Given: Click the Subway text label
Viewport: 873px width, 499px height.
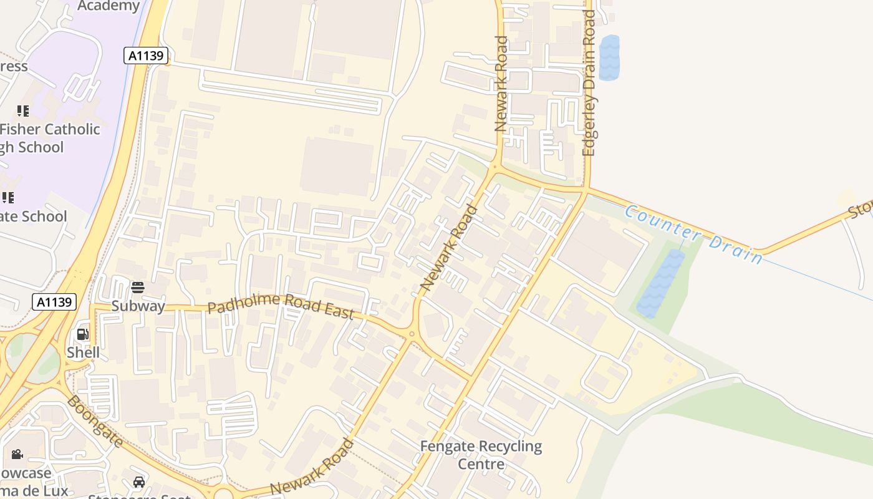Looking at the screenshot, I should [138, 306].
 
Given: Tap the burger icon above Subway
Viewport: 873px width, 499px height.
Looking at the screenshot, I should [138, 288].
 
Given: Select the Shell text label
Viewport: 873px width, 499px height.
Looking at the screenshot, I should [83, 352].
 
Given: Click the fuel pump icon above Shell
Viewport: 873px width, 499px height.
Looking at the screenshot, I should [83, 334].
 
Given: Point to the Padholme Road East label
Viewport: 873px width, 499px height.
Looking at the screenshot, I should [281, 306].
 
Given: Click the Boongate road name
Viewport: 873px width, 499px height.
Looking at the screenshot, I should [95, 420].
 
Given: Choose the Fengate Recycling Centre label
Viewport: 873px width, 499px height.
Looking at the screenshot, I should [481, 455].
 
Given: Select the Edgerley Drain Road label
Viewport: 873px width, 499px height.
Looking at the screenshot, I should [589, 83].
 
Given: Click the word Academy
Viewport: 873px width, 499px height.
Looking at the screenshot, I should [109, 6].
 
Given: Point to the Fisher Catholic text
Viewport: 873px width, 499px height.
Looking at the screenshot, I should [50, 129].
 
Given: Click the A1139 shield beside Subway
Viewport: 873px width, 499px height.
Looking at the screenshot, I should [54, 303].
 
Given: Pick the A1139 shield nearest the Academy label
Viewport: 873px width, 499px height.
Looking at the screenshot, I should [147, 56].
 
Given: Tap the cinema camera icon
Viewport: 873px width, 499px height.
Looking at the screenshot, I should [17, 454].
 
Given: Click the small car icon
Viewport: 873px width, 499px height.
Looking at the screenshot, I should [138, 482].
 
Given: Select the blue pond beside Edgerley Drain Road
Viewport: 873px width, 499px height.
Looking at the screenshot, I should [609, 57].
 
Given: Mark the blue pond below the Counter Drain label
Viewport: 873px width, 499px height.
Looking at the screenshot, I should [660, 284].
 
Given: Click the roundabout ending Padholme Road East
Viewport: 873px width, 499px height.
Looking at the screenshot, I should [411, 334].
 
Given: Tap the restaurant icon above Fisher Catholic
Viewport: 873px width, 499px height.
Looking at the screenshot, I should [23, 111].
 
